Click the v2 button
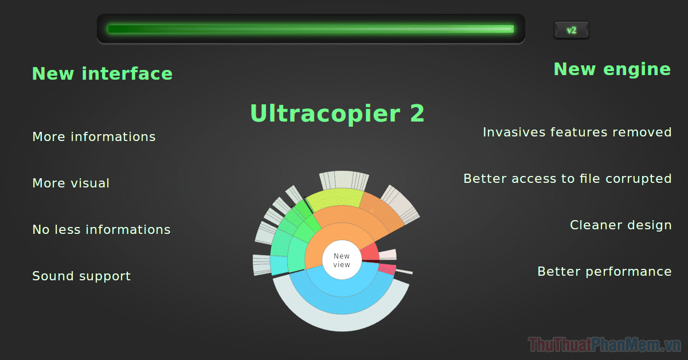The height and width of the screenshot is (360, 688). [x=571, y=30]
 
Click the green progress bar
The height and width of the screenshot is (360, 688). [x=311, y=29]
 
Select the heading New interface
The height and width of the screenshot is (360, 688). [x=102, y=74]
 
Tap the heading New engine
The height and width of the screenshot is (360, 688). [x=612, y=70]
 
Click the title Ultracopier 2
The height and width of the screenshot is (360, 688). [x=337, y=114]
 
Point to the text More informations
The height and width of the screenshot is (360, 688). [x=94, y=136]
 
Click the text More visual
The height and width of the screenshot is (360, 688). [x=71, y=183]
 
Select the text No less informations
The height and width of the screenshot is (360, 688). [x=101, y=229]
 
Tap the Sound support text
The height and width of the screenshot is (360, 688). [x=81, y=276]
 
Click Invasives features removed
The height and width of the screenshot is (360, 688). [x=577, y=132]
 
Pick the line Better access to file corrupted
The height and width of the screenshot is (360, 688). [x=568, y=179]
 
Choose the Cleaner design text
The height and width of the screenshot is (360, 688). [x=621, y=225]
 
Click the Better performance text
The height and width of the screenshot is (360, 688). [x=604, y=272]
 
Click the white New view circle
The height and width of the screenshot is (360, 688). [x=342, y=260]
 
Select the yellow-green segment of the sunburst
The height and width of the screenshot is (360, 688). [x=335, y=198]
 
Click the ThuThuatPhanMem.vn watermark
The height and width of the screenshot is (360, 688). [x=604, y=345]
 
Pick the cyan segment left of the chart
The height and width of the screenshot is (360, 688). [x=279, y=265]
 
